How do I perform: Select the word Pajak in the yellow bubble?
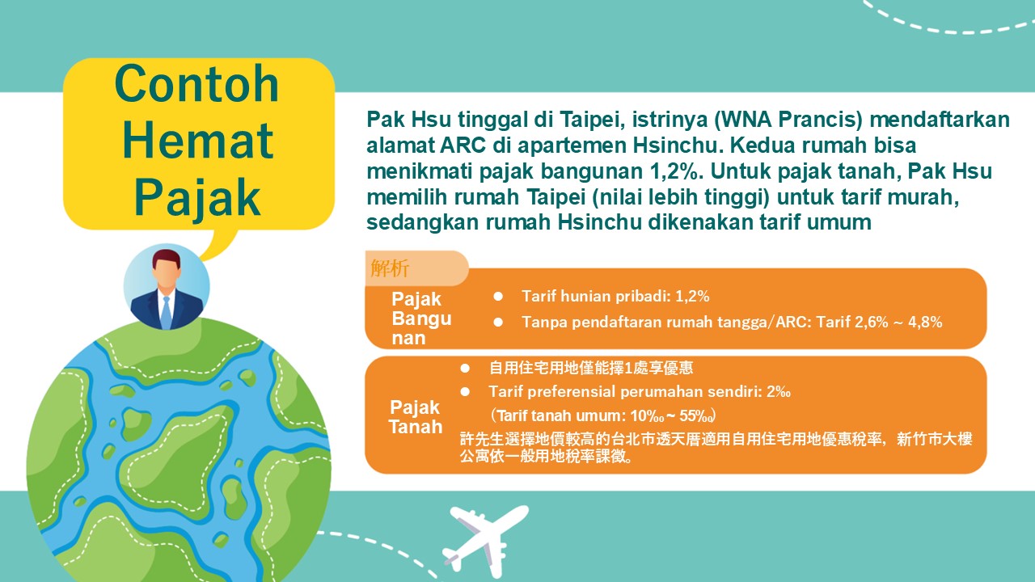point(197,198)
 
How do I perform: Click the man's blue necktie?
point(167,313)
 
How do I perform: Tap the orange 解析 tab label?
point(390,268)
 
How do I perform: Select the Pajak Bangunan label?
point(421,318)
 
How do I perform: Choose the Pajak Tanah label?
point(416,417)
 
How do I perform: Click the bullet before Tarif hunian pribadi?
point(498,296)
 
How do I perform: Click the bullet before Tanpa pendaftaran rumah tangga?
point(498,322)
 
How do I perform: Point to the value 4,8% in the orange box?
point(925,322)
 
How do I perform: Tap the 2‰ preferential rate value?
point(779,392)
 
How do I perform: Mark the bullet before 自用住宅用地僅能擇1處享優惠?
point(465,368)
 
